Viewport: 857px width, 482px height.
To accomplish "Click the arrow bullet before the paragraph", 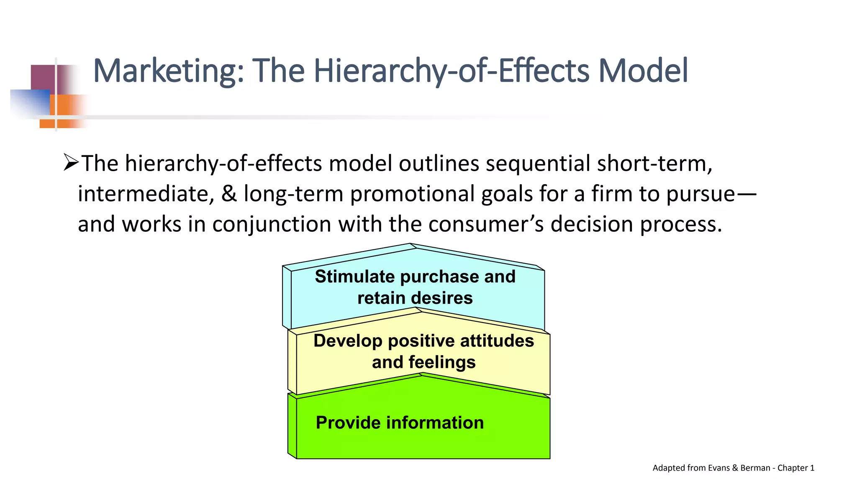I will pyautogui.click(x=71, y=162).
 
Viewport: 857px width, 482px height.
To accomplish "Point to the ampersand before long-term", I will pyautogui.click(x=229, y=194).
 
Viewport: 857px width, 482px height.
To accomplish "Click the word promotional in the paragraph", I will pyautogui.click(x=412, y=194).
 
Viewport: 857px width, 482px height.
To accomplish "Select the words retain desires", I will pyautogui.click(x=415, y=298).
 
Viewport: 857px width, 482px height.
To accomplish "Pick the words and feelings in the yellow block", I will pyautogui.click(x=423, y=362).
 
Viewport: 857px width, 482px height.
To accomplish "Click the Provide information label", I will pyautogui.click(x=400, y=423).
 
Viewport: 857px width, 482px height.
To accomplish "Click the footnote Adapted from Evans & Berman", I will pyautogui.click(x=733, y=468).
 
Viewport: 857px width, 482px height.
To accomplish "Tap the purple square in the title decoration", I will pyautogui.click(x=44, y=77).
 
